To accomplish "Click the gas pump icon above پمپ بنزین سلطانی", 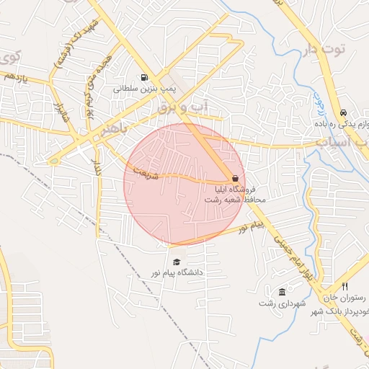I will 145,78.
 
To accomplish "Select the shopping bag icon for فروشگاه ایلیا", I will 235,178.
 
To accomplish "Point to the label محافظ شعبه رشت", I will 241,199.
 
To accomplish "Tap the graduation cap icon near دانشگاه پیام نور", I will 177,262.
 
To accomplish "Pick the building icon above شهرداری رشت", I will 282,292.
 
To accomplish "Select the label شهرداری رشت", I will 277,303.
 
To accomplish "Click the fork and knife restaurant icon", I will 344,287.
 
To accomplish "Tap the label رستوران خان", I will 344,298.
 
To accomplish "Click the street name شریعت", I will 143,169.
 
